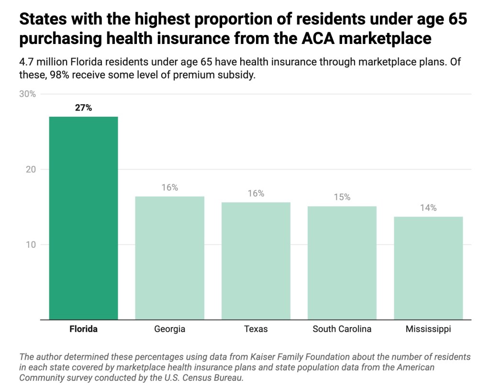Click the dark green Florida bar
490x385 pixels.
(83, 218)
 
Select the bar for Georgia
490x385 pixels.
(169, 258)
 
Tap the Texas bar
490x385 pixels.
(256, 261)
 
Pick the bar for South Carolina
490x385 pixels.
(342, 263)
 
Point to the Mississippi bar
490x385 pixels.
(428, 268)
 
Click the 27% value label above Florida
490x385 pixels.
(83, 108)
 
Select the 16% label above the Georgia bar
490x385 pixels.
(169, 187)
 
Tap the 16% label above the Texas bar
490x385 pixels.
(256, 193)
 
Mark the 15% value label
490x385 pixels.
(342, 197)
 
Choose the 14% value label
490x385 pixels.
(428, 208)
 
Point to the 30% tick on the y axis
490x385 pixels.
(27, 94)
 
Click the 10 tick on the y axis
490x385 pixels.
(31, 245)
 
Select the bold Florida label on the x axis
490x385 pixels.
(83, 329)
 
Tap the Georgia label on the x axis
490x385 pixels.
(169, 329)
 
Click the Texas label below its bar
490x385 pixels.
(256, 329)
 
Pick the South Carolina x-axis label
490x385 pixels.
(342, 329)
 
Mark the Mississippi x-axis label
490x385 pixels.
(428, 329)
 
